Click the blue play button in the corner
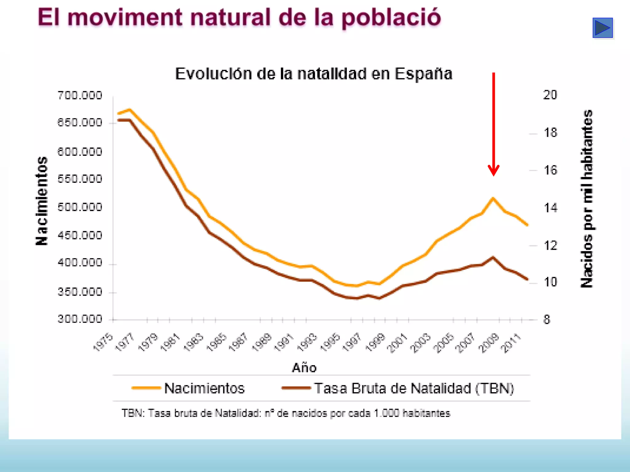602,28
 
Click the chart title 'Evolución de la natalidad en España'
313,74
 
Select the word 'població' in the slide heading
391,18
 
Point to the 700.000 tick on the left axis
80,96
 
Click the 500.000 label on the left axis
80,207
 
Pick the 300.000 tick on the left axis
80,319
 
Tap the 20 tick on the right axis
550,95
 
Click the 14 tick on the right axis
550,208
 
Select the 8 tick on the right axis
546,320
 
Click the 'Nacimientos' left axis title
42,201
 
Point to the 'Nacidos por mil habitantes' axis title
587,199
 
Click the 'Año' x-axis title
304,368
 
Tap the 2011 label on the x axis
511,343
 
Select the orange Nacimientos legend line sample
146,388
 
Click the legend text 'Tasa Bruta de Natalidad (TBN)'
414,388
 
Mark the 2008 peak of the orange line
493,198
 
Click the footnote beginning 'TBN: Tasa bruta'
286,413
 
